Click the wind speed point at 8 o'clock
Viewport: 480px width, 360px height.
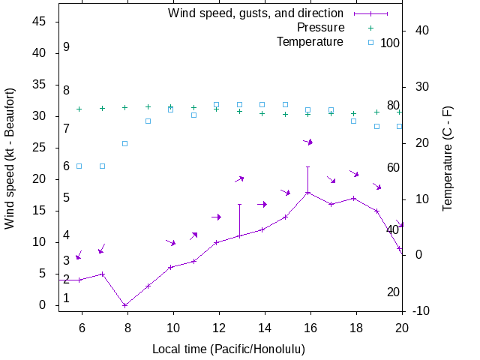point(124,305)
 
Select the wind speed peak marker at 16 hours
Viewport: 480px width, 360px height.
point(307,193)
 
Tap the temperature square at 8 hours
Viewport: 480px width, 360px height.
point(124,143)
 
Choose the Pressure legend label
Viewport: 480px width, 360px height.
point(320,28)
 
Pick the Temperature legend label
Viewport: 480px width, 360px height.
point(310,42)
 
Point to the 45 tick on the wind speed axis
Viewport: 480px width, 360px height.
point(40,22)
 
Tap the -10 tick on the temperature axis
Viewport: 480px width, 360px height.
point(420,310)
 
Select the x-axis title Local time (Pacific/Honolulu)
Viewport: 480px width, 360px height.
point(229,349)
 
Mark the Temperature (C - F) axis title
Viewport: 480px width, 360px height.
point(448,157)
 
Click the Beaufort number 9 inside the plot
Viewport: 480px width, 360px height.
point(67,47)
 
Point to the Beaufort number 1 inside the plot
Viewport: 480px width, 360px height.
point(67,298)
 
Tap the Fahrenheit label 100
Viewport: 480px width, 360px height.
point(390,43)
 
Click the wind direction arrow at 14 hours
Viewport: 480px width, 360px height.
point(262,204)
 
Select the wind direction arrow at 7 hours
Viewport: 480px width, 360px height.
point(101,249)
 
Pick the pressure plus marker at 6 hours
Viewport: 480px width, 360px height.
point(79,109)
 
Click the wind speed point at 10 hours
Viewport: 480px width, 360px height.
point(170,268)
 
